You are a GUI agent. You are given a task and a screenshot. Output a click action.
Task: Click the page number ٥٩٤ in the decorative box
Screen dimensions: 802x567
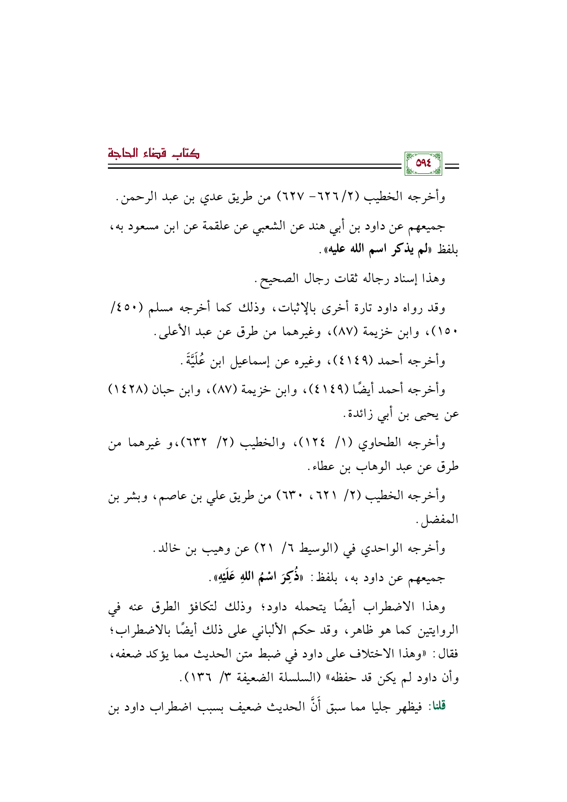pos(423,163)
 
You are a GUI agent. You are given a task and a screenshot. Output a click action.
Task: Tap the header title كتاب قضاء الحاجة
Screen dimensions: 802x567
pos(154,153)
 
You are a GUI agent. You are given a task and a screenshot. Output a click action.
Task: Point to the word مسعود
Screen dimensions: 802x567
pos(145,225)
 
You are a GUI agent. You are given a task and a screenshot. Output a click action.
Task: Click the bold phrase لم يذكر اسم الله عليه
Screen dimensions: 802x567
pos(374,250)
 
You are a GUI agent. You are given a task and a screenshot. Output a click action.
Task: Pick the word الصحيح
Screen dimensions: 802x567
pos(275,278)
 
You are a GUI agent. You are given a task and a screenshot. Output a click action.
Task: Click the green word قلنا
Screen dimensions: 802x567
pos(435,706)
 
